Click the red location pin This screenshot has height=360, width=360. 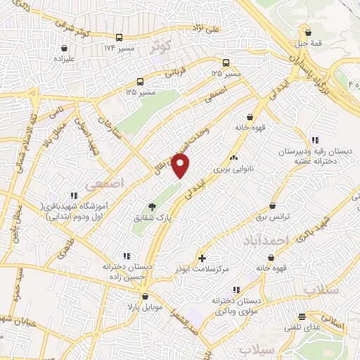[181, 166]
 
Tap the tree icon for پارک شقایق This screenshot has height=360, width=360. [153, 206]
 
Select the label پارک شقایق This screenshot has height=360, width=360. [153, 219]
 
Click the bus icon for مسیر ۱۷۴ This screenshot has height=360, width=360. [120, 37]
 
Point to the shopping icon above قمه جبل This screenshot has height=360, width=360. [307, 31]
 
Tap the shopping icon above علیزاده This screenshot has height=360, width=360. [65, 49]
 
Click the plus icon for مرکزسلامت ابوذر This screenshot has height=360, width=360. [203, 258]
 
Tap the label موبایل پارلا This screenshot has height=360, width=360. [146, 307]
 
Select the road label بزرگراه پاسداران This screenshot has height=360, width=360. [304, 69]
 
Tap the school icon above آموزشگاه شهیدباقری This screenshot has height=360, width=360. [72, 195]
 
